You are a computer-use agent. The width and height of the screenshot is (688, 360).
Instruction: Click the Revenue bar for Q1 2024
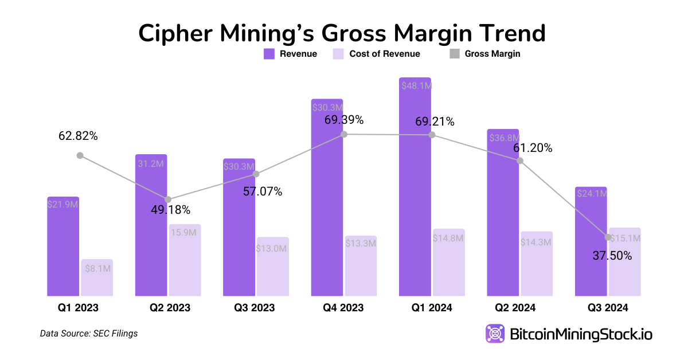click(415, 189)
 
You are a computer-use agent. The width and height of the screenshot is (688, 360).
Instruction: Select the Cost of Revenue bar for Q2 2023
click(185, 261)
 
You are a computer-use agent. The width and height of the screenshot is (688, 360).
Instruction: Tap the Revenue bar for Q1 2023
click(63, 246)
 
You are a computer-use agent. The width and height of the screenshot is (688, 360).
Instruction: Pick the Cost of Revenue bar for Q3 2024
click(625, 263)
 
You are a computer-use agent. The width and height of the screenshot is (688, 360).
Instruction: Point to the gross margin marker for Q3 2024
click(608, 237)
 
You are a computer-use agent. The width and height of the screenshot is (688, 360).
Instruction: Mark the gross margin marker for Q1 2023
click(80, 155)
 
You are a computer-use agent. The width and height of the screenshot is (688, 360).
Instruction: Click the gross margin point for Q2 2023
click(168, 199)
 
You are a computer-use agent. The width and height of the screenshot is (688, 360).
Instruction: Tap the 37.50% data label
click(612, 256)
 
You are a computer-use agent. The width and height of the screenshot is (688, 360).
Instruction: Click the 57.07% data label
click(262, 191)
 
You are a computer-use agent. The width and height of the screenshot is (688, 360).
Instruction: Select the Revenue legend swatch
click(269, 54)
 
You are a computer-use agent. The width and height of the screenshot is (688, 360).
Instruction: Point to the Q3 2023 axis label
click(254, 308)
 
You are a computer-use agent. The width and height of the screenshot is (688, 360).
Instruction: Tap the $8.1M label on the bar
click(97, 268)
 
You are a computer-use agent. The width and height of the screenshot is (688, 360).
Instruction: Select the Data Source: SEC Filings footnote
click(89, 333)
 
